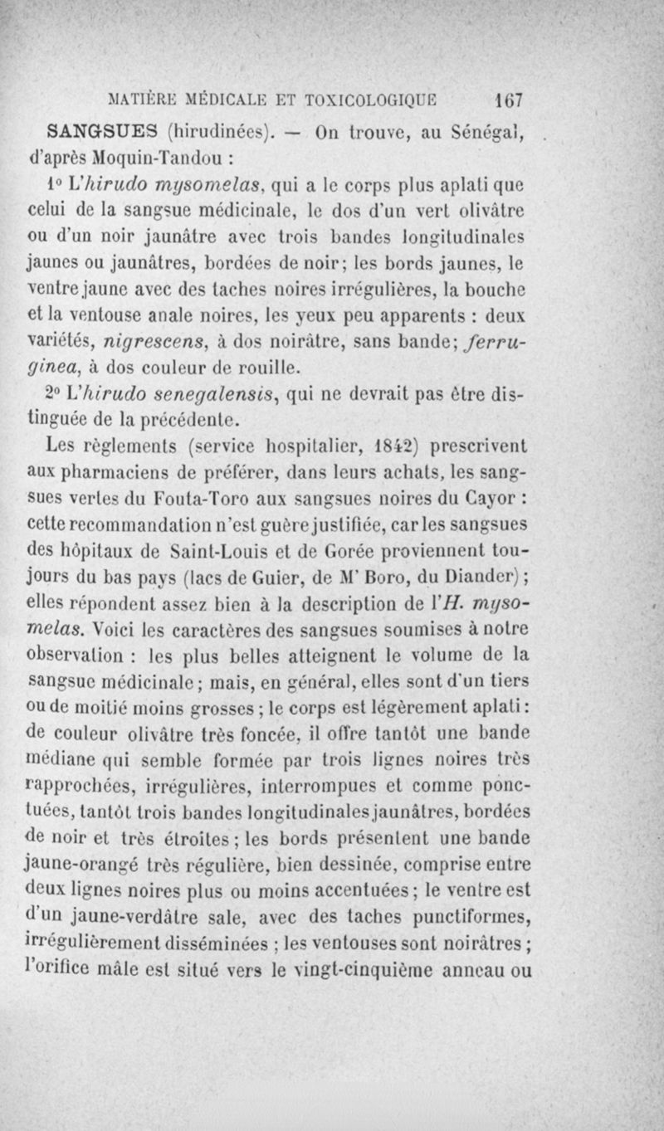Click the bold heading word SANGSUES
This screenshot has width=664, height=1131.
104,131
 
